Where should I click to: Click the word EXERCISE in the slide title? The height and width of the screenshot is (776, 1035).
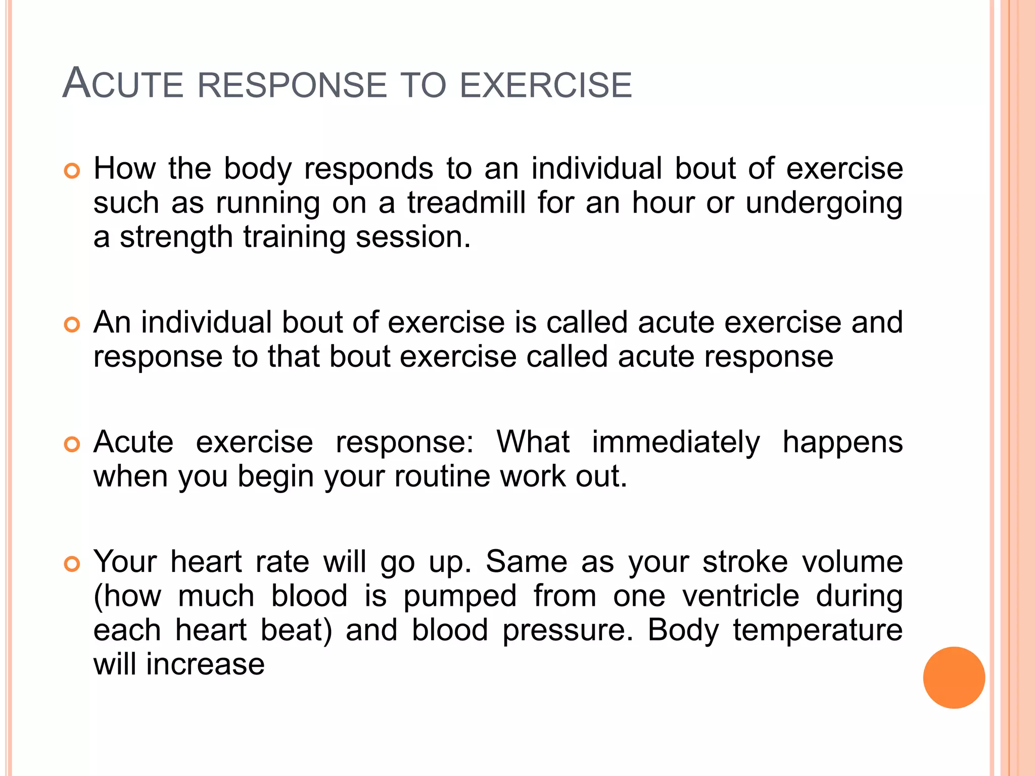(x=545, y=85)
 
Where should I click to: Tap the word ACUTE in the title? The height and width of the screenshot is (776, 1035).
(x=123, y=83)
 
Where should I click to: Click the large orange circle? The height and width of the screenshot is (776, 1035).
(x=954, y=677)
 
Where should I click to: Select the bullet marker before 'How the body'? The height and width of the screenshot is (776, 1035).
(x=72, y=171)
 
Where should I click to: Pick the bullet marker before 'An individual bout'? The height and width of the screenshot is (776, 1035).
(x=72, y=325)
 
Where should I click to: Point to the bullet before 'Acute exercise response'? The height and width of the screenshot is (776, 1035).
(x=72, y=445)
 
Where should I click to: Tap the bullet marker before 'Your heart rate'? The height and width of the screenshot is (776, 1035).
(x=72, y=564)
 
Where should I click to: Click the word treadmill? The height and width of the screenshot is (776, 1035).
(x=466, y=203)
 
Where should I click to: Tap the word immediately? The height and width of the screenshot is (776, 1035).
(x=676, y=443)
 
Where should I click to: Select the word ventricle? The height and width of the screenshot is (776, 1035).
(x=740, y=596)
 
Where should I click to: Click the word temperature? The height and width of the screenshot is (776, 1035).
(x=817, y=632)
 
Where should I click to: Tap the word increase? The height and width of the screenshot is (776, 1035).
(x=205, y=664)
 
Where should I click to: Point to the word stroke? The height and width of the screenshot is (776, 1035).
(x=745, y=562)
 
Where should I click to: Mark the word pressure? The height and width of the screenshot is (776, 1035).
(x=568, y=632)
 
